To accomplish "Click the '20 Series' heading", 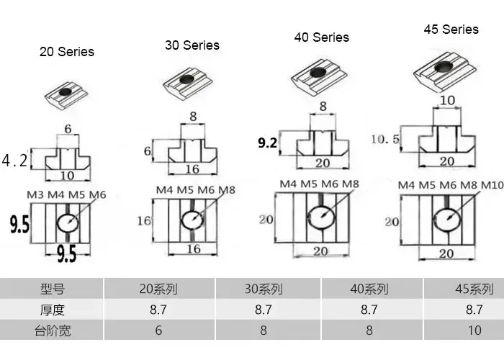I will tap(66, 52).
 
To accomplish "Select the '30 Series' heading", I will tap(192, 45).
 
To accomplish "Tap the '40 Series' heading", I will tap(321, 37).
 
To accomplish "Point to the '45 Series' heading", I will tap(451, 30).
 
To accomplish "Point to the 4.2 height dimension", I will tap(14, 161).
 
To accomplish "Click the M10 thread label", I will tap(492, 186).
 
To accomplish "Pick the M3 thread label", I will tap(35, 194).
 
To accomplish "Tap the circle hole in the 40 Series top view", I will tap(320, 214).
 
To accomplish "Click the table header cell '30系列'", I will tap(263, 289).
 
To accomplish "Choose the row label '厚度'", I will tap(52, 310).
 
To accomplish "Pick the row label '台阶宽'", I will tap(52, 330).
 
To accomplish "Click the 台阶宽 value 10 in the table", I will tap(474, 330).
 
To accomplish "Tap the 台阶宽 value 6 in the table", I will tap(158, 330).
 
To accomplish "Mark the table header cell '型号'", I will tap(52, 289).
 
